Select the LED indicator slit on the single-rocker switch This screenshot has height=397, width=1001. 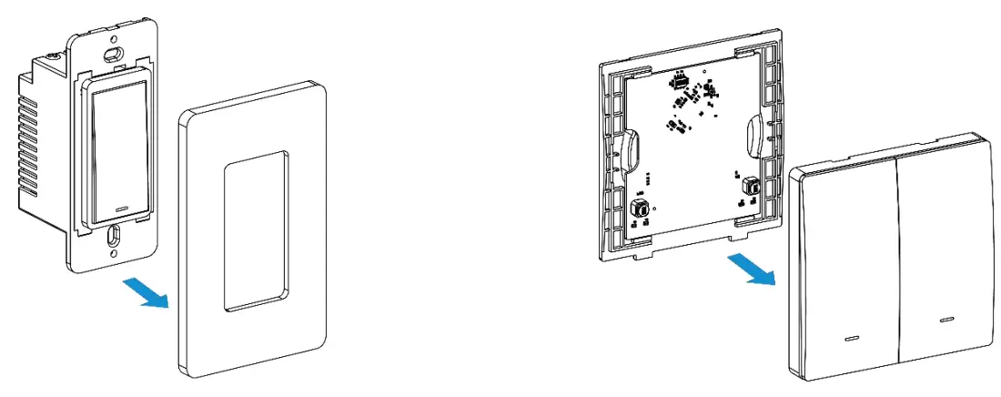(x=122, y=208)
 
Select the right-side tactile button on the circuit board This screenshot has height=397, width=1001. (x=752, y=186)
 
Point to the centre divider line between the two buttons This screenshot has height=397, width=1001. (x=899, y=264)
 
